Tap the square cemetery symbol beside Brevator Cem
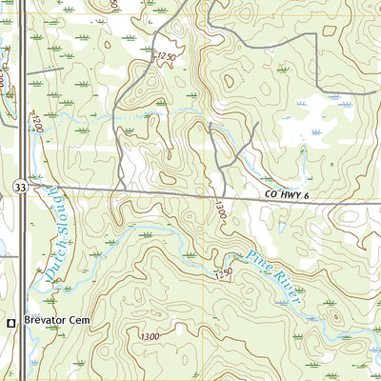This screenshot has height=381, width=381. click(x=11, y=323)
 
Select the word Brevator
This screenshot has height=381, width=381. click(x=47, y=322)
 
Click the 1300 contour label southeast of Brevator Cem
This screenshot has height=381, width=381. click(x=150, y=337)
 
